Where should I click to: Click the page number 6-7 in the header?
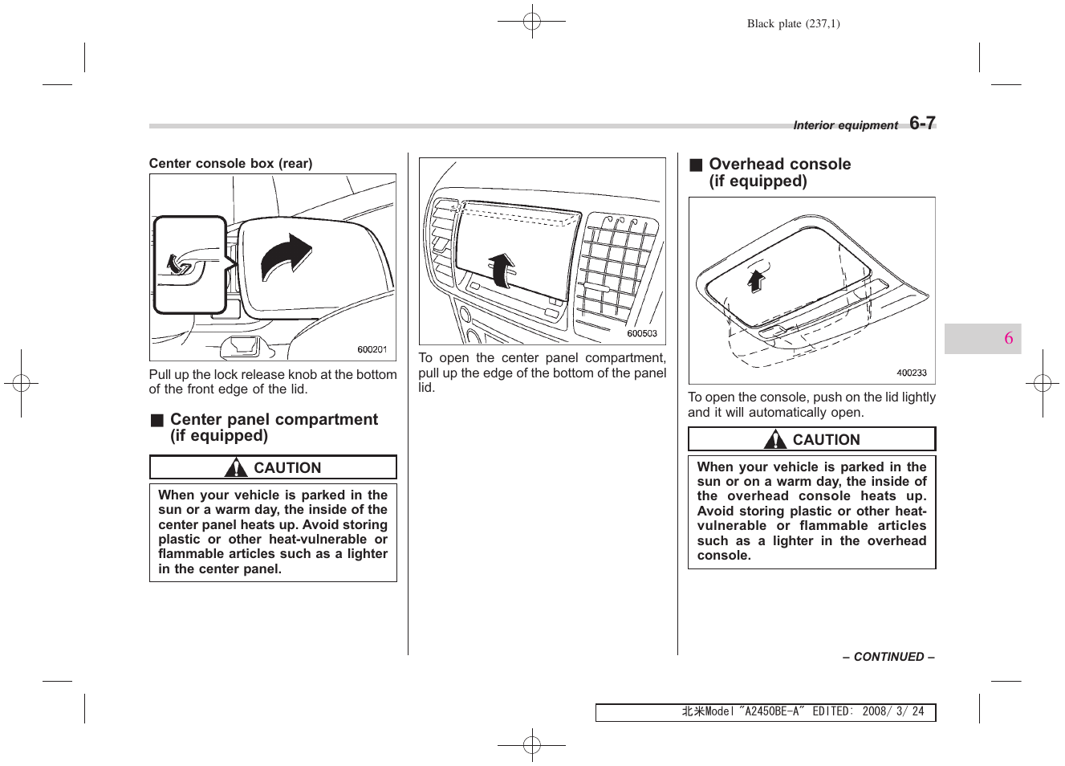point(922,123)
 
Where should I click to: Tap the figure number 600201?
point(372,349)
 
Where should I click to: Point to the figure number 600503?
point(641,333)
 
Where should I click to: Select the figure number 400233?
point(911,373)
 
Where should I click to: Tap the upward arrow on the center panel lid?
point(502,269)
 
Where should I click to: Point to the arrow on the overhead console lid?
point(756,280)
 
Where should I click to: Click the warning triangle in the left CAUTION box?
point(236,468)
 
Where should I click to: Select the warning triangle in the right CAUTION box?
point(775,440)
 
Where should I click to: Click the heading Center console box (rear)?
point(230,163)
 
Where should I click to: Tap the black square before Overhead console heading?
point(696,165)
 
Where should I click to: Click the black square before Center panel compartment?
point(157,420)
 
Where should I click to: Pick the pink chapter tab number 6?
point(1008,338)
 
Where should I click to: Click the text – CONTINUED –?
point(888,657)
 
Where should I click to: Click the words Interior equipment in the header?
point(845,125)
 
